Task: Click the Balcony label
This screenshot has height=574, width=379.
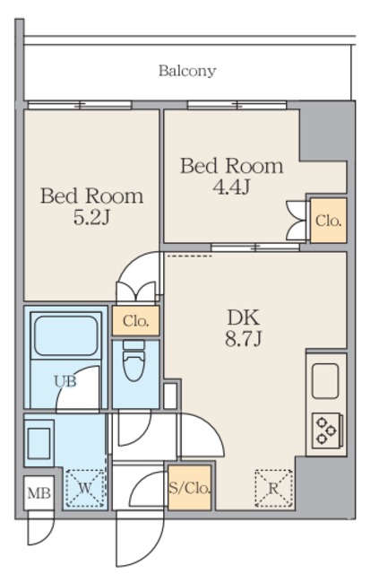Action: pos(187,71)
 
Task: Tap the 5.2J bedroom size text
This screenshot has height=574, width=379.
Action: pos(91,218)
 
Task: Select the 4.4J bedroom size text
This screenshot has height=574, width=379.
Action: pos(231,187)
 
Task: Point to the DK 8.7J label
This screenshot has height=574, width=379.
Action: pos(244,327)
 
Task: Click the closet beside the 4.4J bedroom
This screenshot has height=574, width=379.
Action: pos(328,221)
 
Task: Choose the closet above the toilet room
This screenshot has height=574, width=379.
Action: pos(135,321)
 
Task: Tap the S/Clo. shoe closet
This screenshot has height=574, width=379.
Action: pos(190,488)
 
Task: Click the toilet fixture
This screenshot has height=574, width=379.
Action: pos(134,361)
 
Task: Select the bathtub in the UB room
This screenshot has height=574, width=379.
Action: pos(66,335)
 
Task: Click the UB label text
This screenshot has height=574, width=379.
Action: pos(65,381)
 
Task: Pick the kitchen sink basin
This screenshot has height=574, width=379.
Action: pos(325,380)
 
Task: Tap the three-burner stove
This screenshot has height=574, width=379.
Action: pos(327,430)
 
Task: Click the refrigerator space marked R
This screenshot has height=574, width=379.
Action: pos(274,488)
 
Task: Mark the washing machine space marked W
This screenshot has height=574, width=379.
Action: pos(85,488)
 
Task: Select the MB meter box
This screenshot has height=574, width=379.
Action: pos(39,493)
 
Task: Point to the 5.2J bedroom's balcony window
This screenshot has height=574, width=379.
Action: pos(80,106)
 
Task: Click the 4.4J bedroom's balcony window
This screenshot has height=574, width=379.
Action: pos(237,106)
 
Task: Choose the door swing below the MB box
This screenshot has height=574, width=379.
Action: pos(40,528)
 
